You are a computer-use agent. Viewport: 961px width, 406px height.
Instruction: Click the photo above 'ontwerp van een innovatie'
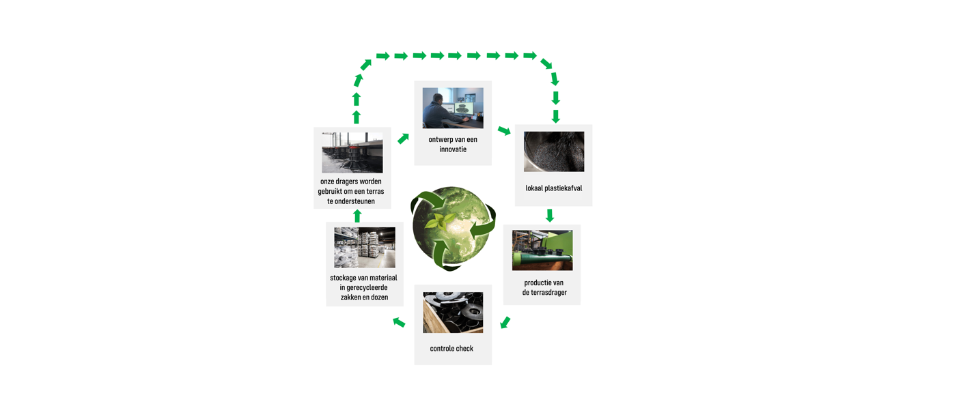point(452,108)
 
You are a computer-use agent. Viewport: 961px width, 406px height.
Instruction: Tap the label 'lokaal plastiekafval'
point(553,188)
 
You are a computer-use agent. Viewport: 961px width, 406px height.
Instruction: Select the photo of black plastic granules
point(553,151)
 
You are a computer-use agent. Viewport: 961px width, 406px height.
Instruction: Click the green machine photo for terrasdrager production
point(542,250)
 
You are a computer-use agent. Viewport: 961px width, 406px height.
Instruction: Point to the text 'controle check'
point(451,349)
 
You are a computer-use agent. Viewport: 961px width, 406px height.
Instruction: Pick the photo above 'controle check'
point(452,313)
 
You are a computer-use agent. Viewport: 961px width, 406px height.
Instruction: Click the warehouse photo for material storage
point(364,247)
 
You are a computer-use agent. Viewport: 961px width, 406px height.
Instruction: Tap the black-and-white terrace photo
point(352,153)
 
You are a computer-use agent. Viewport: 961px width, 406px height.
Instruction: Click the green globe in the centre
point(453,228)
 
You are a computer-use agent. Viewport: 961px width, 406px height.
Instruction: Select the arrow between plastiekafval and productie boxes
point(550,216)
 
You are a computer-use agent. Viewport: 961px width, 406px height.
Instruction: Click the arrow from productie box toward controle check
point(505,322)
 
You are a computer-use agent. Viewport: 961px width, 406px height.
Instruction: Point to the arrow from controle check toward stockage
point(400,322)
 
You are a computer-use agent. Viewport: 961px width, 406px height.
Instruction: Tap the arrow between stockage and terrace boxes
point(357,216)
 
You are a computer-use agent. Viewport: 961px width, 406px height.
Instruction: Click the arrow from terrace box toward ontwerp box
point(403,139)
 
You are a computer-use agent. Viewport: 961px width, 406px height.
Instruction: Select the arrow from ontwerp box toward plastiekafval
point(504,130)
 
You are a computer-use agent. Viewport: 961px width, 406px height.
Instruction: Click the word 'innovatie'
point(453,149)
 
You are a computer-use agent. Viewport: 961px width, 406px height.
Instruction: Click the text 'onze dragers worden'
point(350,182)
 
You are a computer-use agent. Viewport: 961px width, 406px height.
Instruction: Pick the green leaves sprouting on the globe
point(440,220)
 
